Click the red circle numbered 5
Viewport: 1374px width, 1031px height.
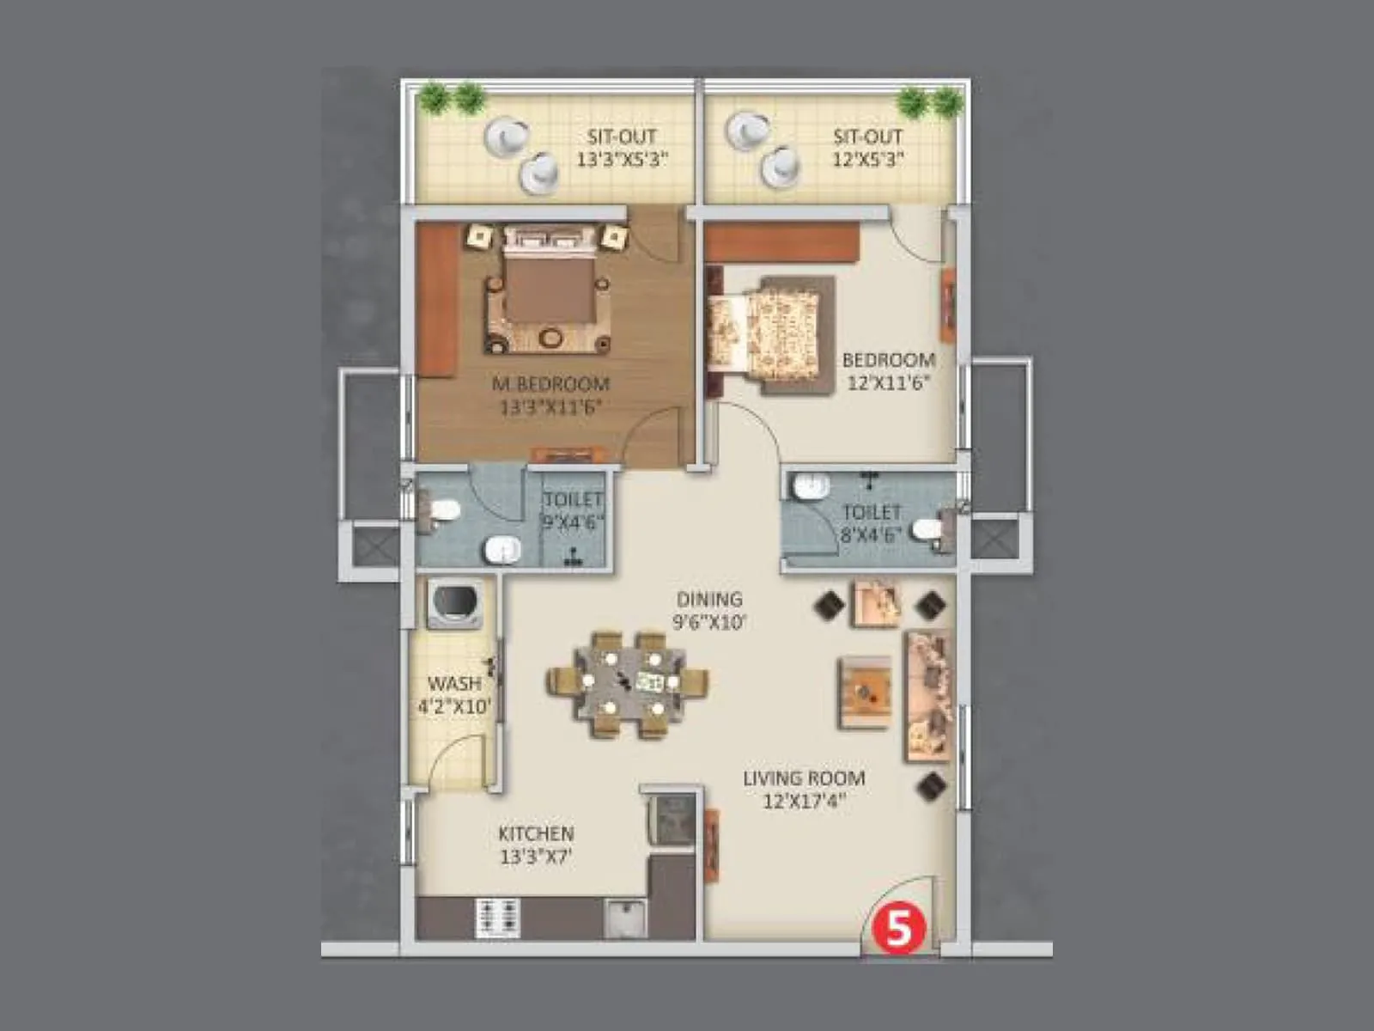click(897, 929)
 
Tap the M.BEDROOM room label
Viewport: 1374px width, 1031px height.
click(550, 384)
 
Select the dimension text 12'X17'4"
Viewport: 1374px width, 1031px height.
click(805, 802)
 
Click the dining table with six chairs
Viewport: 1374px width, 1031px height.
click(628, 684)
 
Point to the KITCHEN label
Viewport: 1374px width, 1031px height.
click(536, 833)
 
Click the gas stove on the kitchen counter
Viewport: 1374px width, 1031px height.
click(497, 918)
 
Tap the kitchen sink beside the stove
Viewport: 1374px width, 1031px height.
click(625, 918)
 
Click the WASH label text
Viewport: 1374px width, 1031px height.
click(454, 684)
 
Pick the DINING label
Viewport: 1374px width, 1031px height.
click(709, 600)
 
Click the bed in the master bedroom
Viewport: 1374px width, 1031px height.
click(548, 292)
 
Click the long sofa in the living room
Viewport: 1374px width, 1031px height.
click(927, 697)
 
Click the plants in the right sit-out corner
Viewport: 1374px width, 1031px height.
click(929, 101)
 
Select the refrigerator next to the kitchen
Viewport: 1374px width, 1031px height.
click(671, 818)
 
